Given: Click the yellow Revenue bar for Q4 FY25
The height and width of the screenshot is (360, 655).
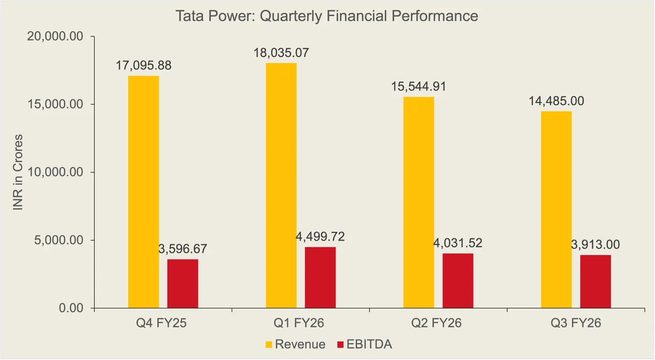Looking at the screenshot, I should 143,192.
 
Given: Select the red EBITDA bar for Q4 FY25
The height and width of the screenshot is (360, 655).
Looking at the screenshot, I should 183,284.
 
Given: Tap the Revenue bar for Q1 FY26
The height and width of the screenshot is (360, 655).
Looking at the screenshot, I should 281,185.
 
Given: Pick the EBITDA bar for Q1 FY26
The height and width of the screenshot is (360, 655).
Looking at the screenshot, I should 320,278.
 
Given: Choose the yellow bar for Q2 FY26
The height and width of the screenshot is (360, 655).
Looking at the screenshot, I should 419,202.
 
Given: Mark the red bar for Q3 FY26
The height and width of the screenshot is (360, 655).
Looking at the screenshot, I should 596,282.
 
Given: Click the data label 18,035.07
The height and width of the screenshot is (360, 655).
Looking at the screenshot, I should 281,53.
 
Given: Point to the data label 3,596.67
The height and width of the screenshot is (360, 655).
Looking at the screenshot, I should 183,249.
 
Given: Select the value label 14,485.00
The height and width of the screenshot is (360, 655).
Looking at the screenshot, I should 556,101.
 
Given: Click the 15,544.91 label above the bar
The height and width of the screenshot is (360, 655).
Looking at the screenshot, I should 419,87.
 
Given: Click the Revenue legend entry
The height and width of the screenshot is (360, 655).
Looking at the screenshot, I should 300,344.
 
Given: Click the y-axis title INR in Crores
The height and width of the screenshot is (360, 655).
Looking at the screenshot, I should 18,173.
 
